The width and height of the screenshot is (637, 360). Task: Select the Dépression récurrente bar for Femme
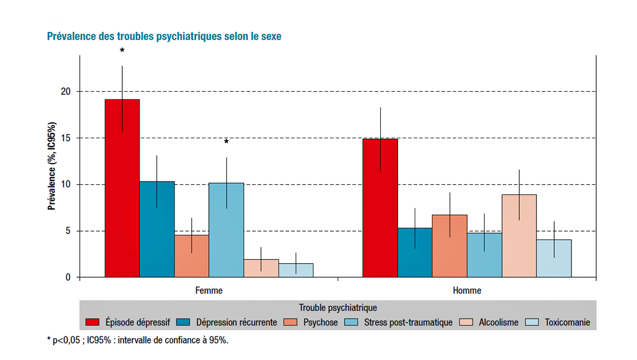(157, 229)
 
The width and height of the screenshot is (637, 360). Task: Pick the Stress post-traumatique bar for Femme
(226, 230)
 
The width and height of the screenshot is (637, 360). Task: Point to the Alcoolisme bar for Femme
(261, 268)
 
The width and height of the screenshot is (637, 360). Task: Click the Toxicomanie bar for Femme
(296, 270)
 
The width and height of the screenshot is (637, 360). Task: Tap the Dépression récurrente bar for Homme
(415, 252)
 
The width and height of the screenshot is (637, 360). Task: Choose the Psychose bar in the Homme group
(449, 246)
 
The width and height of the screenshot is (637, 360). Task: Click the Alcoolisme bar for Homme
(519, 236)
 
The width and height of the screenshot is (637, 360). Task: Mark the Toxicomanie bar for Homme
(554, 258)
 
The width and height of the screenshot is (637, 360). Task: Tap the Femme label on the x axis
(209, 291)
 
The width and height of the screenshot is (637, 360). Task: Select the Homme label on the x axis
(467, 291)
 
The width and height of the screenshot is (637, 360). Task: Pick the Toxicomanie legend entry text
(567, 322)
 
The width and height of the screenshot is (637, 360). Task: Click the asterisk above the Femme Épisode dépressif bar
(122, 51)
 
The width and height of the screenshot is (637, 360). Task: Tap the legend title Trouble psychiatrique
(338, 308)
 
